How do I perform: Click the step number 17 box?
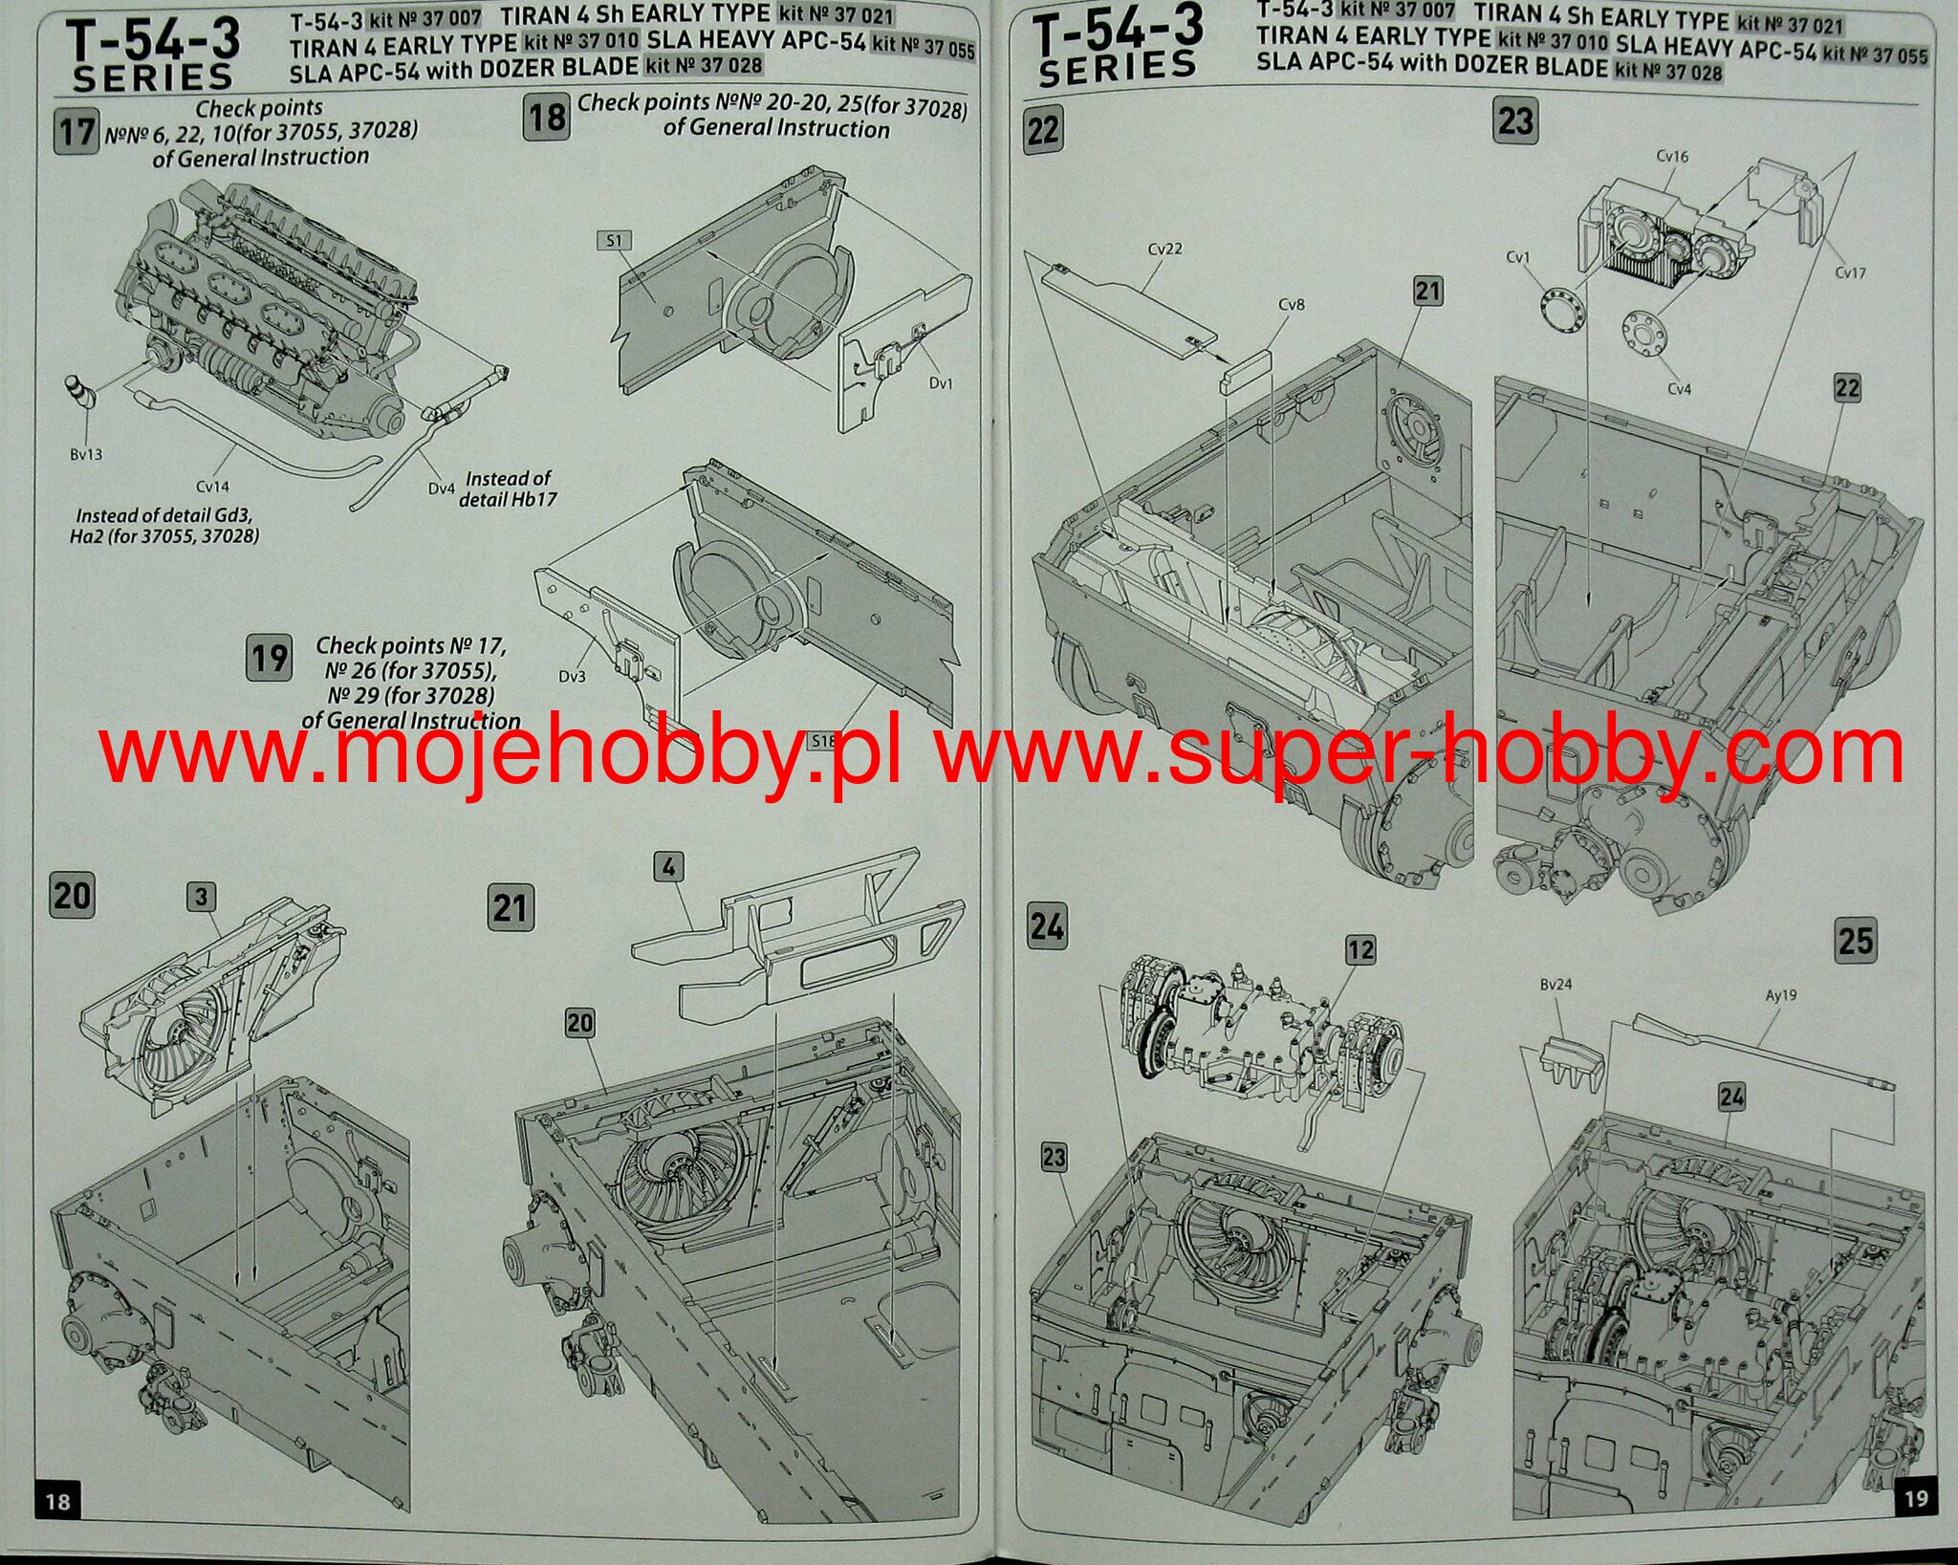tap(76, 132)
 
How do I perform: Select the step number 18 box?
tap(547, 118)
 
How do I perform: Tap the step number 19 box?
tap(269, 658)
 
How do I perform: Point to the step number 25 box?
tap(1856, 941)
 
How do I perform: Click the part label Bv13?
tap(86, 454)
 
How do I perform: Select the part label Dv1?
tap(941, 383)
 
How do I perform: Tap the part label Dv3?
tap(572, 677)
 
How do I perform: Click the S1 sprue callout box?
tap(614, 240)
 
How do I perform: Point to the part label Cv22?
tap(1164, 249)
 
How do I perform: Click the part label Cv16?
tap(1672, 156)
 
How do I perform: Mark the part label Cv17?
tap(1850, 272)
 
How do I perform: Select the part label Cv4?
tap(1679, 389)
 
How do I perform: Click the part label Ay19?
tap(1780, 995)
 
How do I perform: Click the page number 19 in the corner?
tap(1915, 1497)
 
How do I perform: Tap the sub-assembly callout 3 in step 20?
tap(201, 897)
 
